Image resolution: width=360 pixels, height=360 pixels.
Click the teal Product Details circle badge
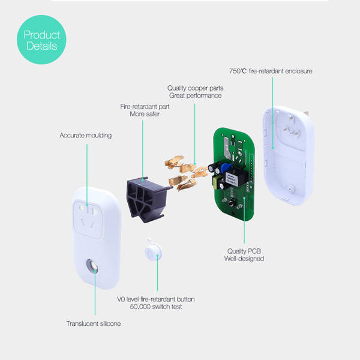[x=41, y=40]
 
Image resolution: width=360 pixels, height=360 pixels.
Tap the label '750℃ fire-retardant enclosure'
[x=271, y=71]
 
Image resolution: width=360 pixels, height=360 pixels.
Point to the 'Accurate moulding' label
[x=85, y=136]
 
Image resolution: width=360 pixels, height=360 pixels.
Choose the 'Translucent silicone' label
[x=93, y=324]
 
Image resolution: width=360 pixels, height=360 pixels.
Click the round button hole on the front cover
[x=93, y=266]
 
